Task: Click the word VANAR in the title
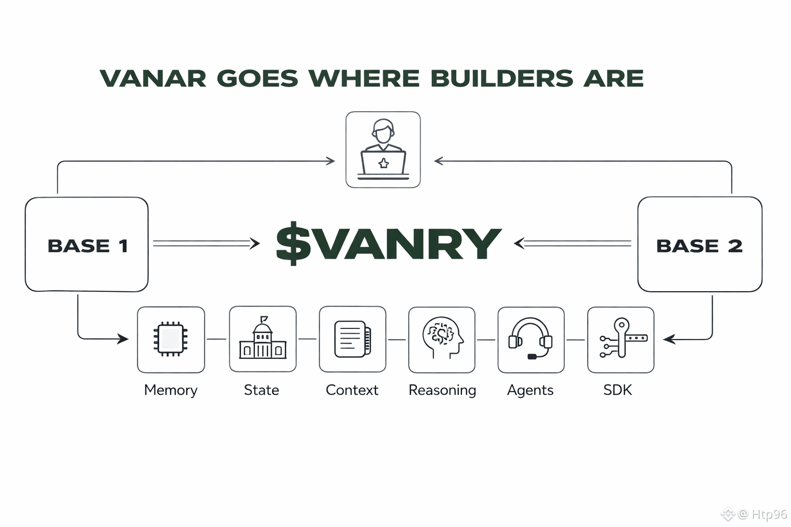pyautogui.click(x=153, y=79)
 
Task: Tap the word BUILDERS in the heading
pyautogui.click(x=502, y=79)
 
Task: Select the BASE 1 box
pyautogui.click(x=87, y=245)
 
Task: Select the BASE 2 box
pyautogui.click(x=699, y=245)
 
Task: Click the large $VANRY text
pyautogui.click(x=388, y=243)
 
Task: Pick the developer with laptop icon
pyautogui.click(x=383, y=149)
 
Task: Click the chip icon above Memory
pyautogui.click(x=170, y=339)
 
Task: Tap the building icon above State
pyautogui.click(x=263, y=339)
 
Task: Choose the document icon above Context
pyautogui.click(x=352, y=339)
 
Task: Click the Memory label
pyautogui.click(x=170, y=390)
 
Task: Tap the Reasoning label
pyautogui.click(x=442, y=391)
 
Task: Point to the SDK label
pyautogui.click(x=617, y=390)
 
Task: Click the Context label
pyautogui.click(x=352, y=390)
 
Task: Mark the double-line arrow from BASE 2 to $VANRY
pyautogui.click(x=573, y=243)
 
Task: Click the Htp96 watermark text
pyautogui.click(x=769, y=514)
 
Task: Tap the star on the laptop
pyautogui.click(x=383, y=164)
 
